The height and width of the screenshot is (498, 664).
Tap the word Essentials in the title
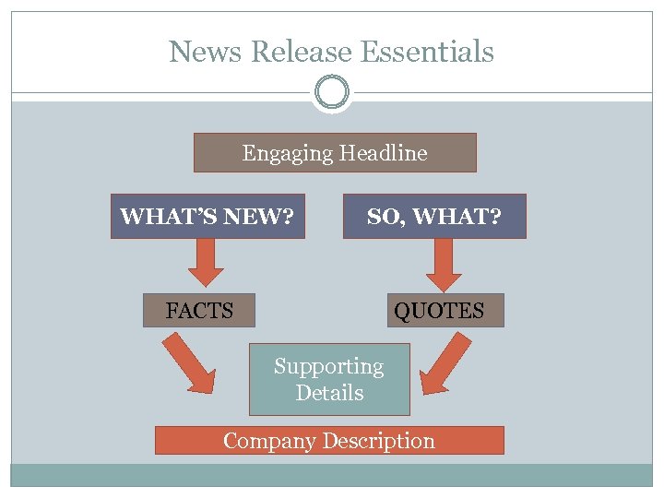click(428, 52)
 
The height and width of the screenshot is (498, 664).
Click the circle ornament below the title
click(332, 92)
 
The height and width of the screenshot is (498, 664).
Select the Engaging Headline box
click(335, 153)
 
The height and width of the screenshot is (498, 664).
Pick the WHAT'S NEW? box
click(207, 217)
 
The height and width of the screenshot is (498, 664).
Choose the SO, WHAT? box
click(434, 217)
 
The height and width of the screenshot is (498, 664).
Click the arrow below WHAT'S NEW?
click(207, 262)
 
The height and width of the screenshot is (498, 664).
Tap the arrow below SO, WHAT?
click(445, 264)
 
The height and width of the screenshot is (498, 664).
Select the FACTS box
click(199, 311)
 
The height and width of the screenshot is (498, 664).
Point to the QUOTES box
click(439, 311)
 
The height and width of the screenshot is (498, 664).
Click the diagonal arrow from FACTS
click(190, 362)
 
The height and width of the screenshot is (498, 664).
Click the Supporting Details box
click(329, 379)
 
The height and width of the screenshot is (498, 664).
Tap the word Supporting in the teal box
click(328, 366)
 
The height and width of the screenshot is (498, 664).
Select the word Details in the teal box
click(329, 393)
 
